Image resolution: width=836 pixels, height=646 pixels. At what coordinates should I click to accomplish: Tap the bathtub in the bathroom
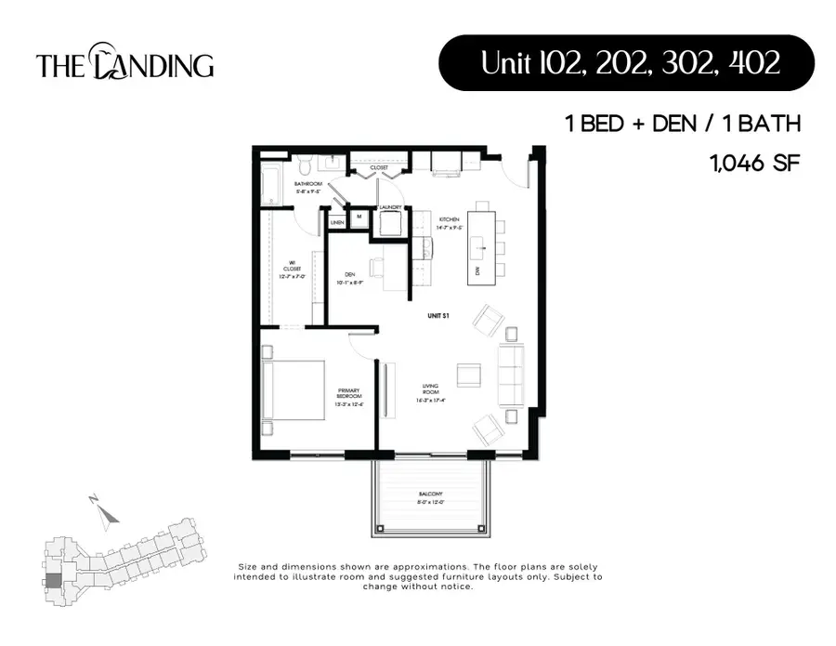[x=269, y=186]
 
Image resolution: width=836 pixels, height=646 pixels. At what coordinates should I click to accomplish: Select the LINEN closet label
[x=337, y=223]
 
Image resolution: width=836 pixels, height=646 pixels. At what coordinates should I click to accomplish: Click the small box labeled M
[x=359, y=217]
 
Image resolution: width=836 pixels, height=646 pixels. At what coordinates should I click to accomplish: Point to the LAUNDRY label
[x=389, y=207]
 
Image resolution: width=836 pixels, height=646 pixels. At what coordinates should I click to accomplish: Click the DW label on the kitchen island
[x=477, y=270]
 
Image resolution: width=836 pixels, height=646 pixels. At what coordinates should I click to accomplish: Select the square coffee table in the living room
[x=469, y=374]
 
